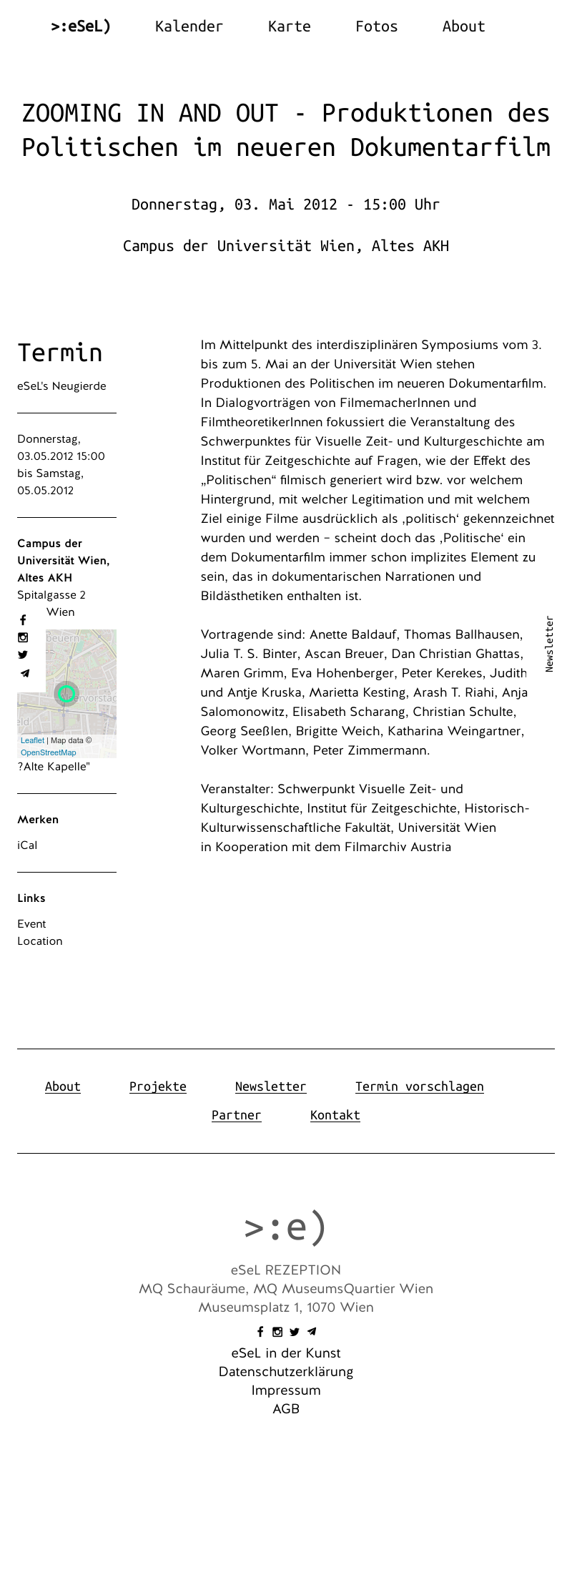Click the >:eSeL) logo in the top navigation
81,26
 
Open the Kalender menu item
189,26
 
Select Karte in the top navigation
289,26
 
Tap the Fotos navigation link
376,26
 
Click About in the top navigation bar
463,26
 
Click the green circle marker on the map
67,693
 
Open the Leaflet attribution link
32,740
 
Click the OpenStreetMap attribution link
48,752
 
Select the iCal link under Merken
27,845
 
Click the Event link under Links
31,924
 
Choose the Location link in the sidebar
40,941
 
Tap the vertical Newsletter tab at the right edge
549,644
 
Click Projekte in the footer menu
157,1086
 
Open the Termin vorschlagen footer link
419,1086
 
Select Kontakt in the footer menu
335,1115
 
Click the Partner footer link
236,1115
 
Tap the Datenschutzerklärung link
286,1372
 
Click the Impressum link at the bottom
286,1390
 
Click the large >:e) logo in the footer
285,1227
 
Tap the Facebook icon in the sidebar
23,620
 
